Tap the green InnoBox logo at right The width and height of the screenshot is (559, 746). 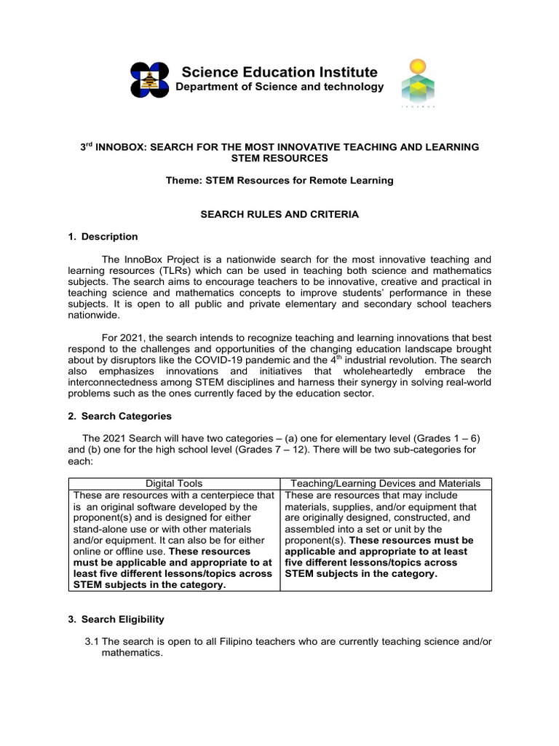(416, 83)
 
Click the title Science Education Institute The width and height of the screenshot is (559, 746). (279, 72)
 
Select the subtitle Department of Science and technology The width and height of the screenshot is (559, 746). (279, 87)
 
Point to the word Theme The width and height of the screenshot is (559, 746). (181, 181)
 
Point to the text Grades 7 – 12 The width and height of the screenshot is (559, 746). (258, 449)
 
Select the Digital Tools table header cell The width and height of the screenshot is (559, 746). (175, 483)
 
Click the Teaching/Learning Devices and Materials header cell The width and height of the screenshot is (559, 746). (385, 483)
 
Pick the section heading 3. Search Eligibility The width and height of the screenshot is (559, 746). (122, 619)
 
